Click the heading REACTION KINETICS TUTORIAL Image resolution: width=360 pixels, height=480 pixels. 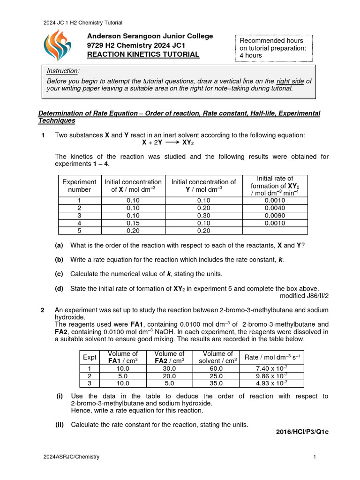pyautogui.click(x=143, y=54)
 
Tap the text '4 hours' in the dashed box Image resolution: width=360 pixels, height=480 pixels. pyautogui.click(x=250, y=55)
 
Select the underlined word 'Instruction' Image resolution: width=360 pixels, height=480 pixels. pyautogui.click(x=63, y=71)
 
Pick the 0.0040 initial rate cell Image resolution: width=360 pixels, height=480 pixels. pyautogui.click(x=275, y=208)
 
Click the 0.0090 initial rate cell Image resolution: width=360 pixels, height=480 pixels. pyautogui.click(x=275, y=216)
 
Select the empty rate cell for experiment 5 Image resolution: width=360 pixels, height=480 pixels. pyautogui.click(x=275, y=231)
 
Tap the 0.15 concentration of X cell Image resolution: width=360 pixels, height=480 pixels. pyautogui.click(x=133, y=223)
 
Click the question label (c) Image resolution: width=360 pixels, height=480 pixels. pyautogui.click(x=59, y=274)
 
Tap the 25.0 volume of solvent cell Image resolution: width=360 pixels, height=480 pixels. pyautogui.click(x=216, y=376)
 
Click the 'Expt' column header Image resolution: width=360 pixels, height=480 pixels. pyautogui.click(x=89, y=357)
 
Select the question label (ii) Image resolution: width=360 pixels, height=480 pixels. pyautogui.click(x=60, y=425)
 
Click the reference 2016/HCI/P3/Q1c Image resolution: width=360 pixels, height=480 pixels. pyautogui.click(x=302, y=432)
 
